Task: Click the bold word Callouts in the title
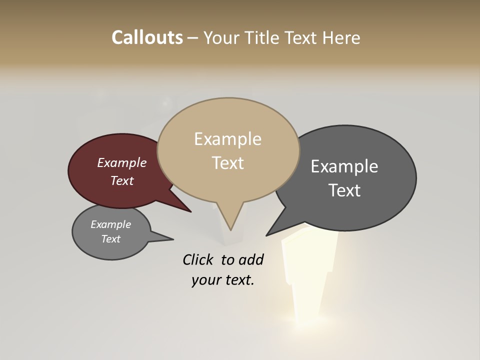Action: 147,37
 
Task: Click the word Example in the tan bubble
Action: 227,139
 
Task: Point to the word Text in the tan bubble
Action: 227,163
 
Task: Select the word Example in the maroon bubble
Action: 121,162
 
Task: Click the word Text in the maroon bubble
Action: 121,180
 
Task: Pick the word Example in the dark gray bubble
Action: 344,166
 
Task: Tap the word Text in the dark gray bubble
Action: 344,190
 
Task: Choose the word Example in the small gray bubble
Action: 110,224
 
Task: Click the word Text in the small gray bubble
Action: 110,239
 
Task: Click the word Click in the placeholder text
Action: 198,259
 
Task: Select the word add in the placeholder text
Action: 250,259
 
